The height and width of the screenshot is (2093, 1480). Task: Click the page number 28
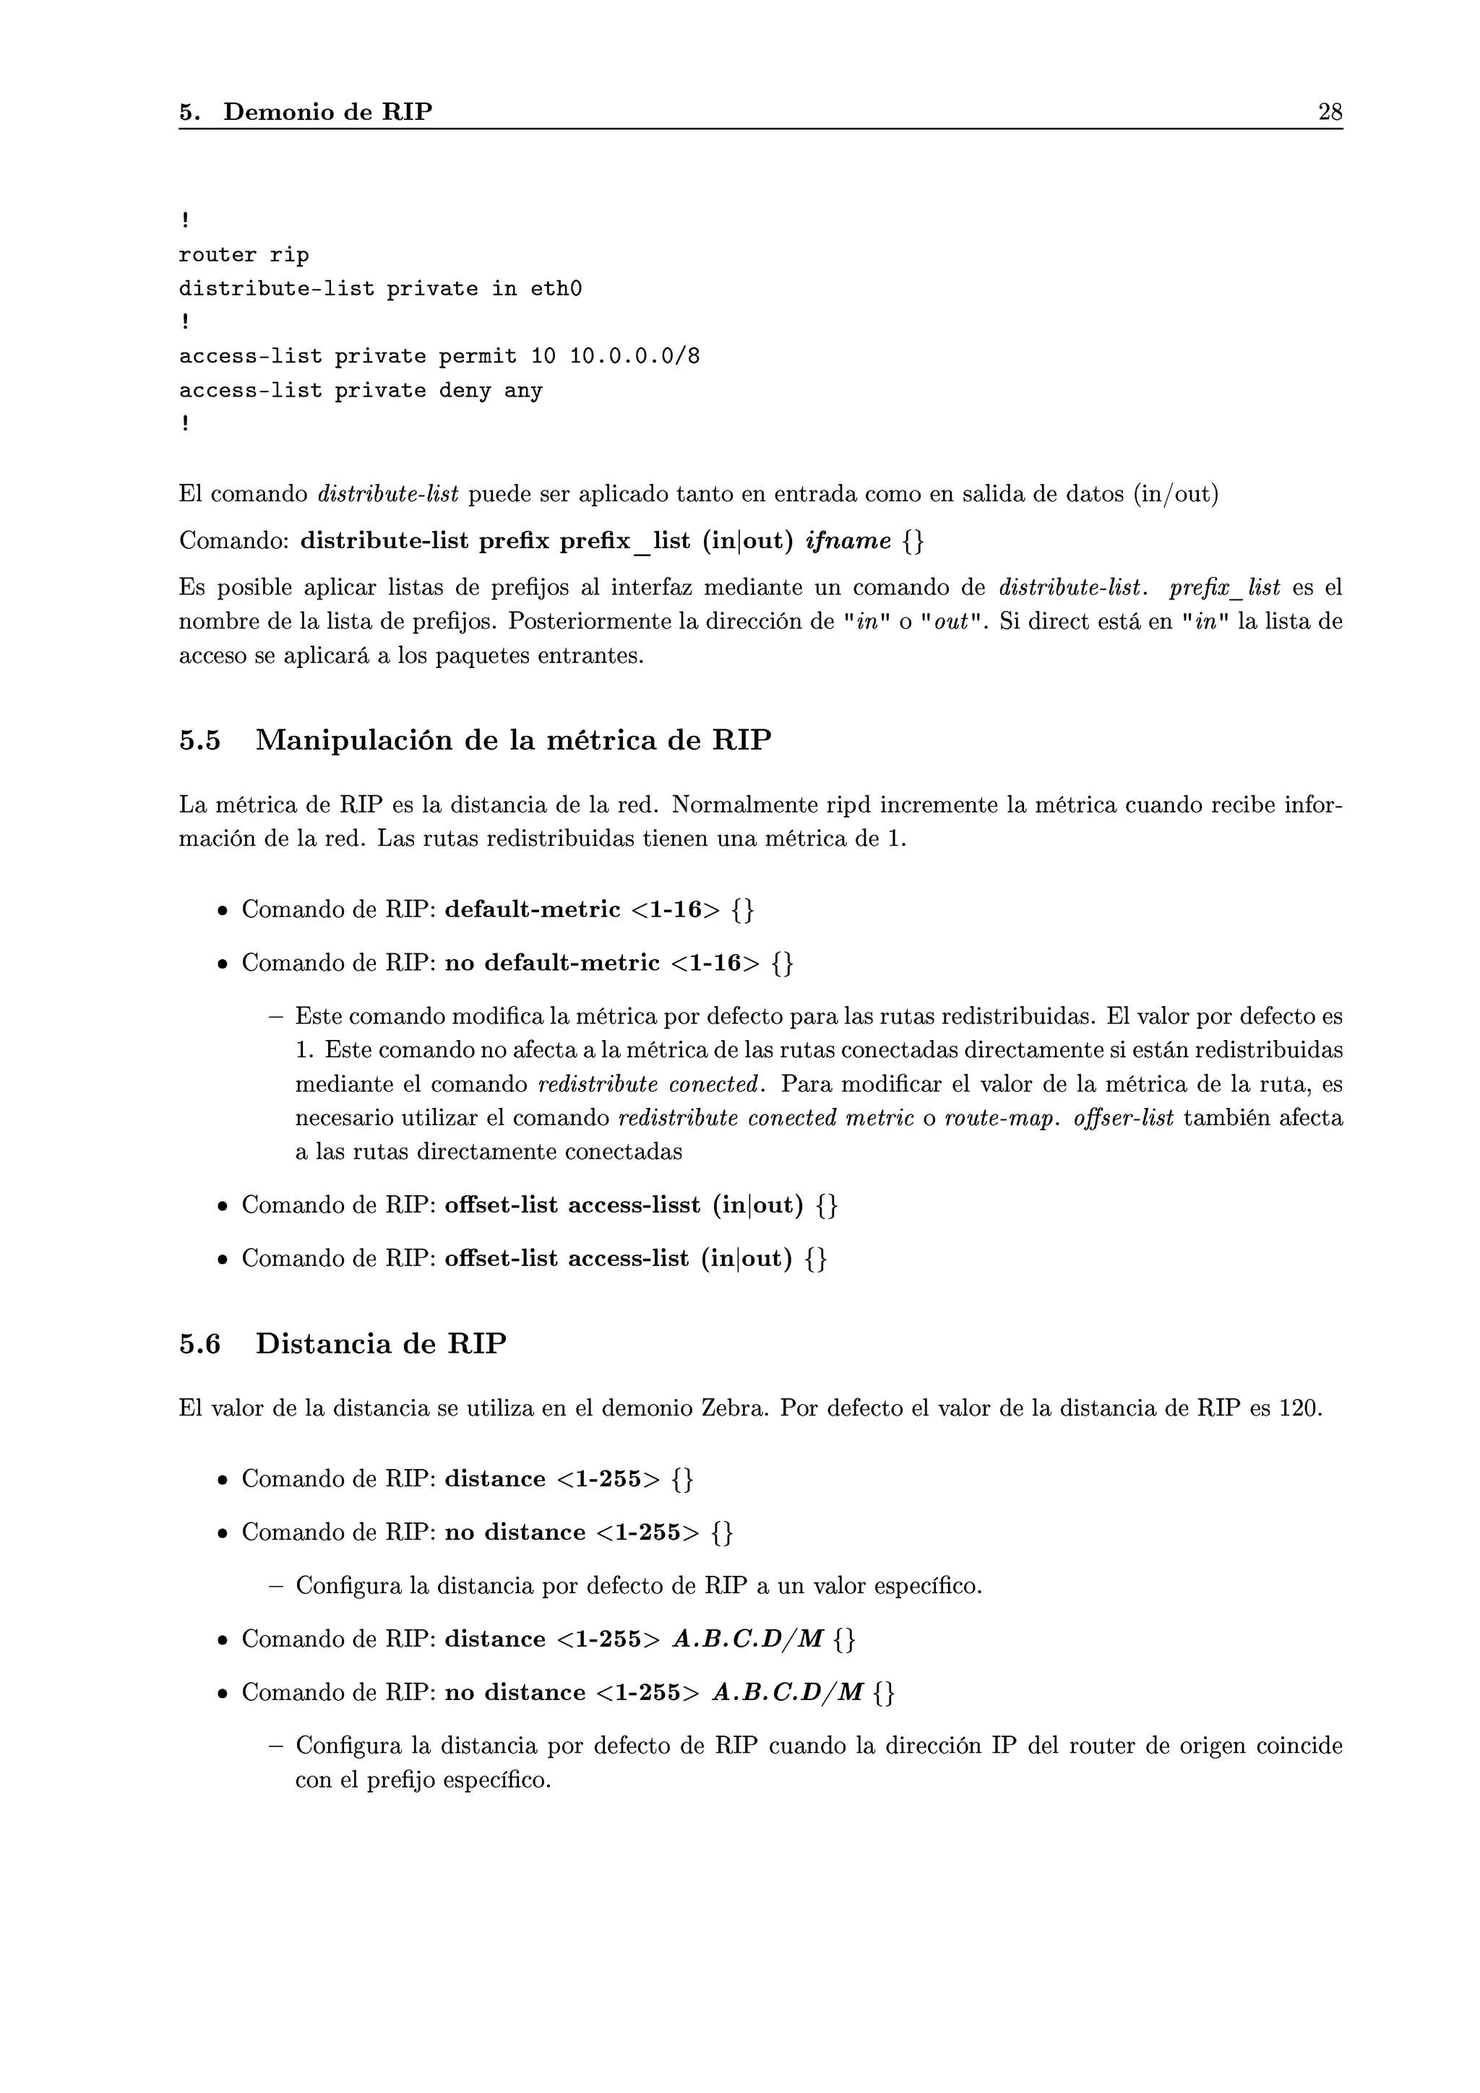(1330, 112)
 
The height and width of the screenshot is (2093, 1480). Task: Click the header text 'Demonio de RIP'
(327, 112)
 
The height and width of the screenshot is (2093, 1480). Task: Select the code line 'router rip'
(244, 255)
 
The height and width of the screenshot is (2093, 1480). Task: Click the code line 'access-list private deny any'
(360, 391)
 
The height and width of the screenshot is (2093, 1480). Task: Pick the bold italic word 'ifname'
(848, 542)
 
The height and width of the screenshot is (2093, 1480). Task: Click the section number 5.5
(199, 740)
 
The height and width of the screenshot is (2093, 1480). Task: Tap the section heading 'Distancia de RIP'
(380, 1343)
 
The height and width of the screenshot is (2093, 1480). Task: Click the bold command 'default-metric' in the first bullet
(532, 910)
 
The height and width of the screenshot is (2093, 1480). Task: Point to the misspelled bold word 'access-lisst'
(634, 1205)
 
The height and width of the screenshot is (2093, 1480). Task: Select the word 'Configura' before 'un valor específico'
(348, 1586)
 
